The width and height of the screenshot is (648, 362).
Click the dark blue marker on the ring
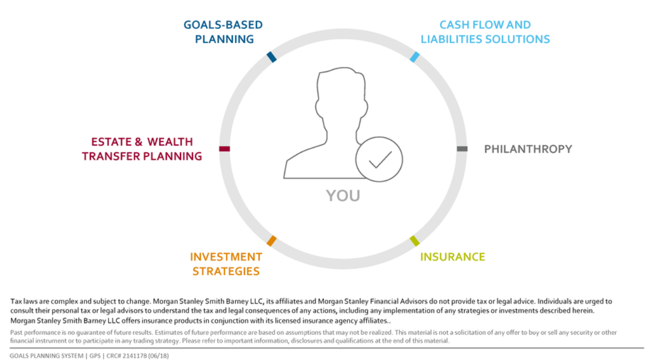click(x=272, y=57)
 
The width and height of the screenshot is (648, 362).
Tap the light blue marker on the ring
click(x=415, y=57)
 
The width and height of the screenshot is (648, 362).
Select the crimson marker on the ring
click(x=224, y=149)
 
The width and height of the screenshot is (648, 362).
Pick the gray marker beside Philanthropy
click(x=462, y=149)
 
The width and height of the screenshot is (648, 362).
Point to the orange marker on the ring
click(x=272, y=240)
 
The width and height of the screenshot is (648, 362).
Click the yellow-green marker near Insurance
click(x=415, y=240)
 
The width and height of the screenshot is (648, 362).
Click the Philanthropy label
click(x=528, y=149)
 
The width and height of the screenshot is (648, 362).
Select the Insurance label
click(x=453, y=257)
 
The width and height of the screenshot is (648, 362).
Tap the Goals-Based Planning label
click(x=223, y=32)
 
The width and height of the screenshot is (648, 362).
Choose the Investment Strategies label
click(x=226, y=264)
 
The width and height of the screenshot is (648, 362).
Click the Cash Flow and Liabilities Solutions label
click(x=485, y=32)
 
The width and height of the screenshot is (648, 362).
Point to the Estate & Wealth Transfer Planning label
click(x=142, y=149)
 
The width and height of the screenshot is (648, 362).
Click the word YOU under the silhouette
click(x=343, y=196)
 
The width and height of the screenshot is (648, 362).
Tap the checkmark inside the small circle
click(x=380, y=160)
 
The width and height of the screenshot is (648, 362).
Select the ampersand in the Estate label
click(x=139, y=142)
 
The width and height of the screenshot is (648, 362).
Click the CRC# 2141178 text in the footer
click(x=137, y=356)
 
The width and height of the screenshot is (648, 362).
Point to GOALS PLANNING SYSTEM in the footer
click(x=46, y=356)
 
